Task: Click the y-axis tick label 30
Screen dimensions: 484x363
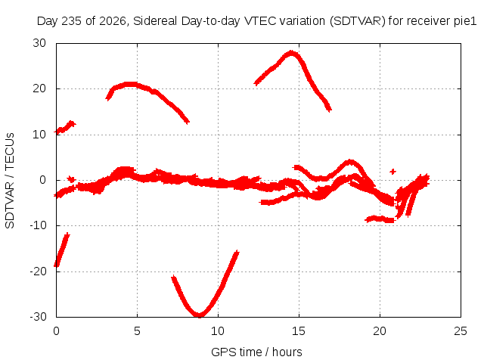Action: [x=39, y=43]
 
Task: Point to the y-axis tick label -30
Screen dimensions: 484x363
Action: [x=38, y=317]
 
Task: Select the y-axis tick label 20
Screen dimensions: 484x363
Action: [x=39, y=88]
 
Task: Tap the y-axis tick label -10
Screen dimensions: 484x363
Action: [x=38, y=225]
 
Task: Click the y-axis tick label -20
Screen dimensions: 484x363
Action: [x=38, y=271]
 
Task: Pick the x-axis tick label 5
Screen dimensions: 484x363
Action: [x=137, y=331]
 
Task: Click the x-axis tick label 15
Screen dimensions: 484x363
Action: [x=299, y=331]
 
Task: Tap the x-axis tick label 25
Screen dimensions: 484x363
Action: [x=461, y=331]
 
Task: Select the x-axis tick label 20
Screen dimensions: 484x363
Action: [x=380, y=331]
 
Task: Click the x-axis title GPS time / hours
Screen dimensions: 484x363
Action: [x=256, y=352]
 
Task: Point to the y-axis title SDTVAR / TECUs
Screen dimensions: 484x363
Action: [x=10, y=181]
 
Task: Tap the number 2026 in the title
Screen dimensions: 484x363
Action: [x=113, y=21]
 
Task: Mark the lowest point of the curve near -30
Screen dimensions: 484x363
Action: [x=200, y=315]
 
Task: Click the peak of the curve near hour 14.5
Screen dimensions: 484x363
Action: [x=291, y=52]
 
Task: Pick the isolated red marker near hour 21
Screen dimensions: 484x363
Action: [x=392, y=172]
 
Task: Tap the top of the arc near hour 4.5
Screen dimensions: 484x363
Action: [x=130, y=83]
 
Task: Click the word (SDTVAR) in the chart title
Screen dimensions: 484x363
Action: [x=358, y=21]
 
